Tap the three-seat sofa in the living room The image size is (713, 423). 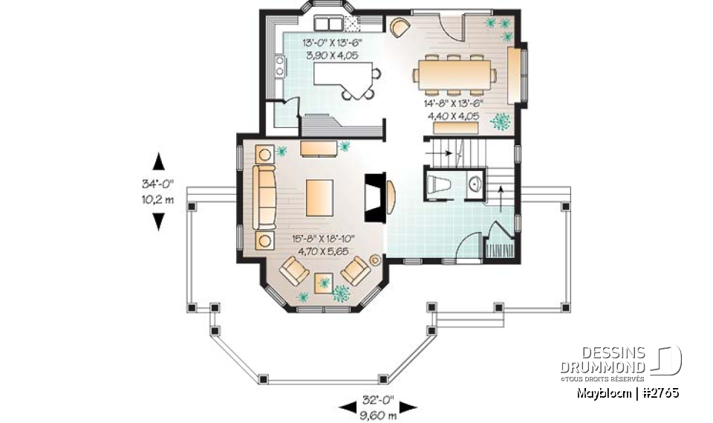coord(264,197)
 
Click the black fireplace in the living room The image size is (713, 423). coord(374,196)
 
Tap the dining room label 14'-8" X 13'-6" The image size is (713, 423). coord(454,104)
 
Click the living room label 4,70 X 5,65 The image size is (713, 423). coord(323,251)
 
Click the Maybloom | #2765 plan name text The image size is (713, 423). coord(628,392)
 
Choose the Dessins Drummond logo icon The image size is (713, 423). coord(669,361)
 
